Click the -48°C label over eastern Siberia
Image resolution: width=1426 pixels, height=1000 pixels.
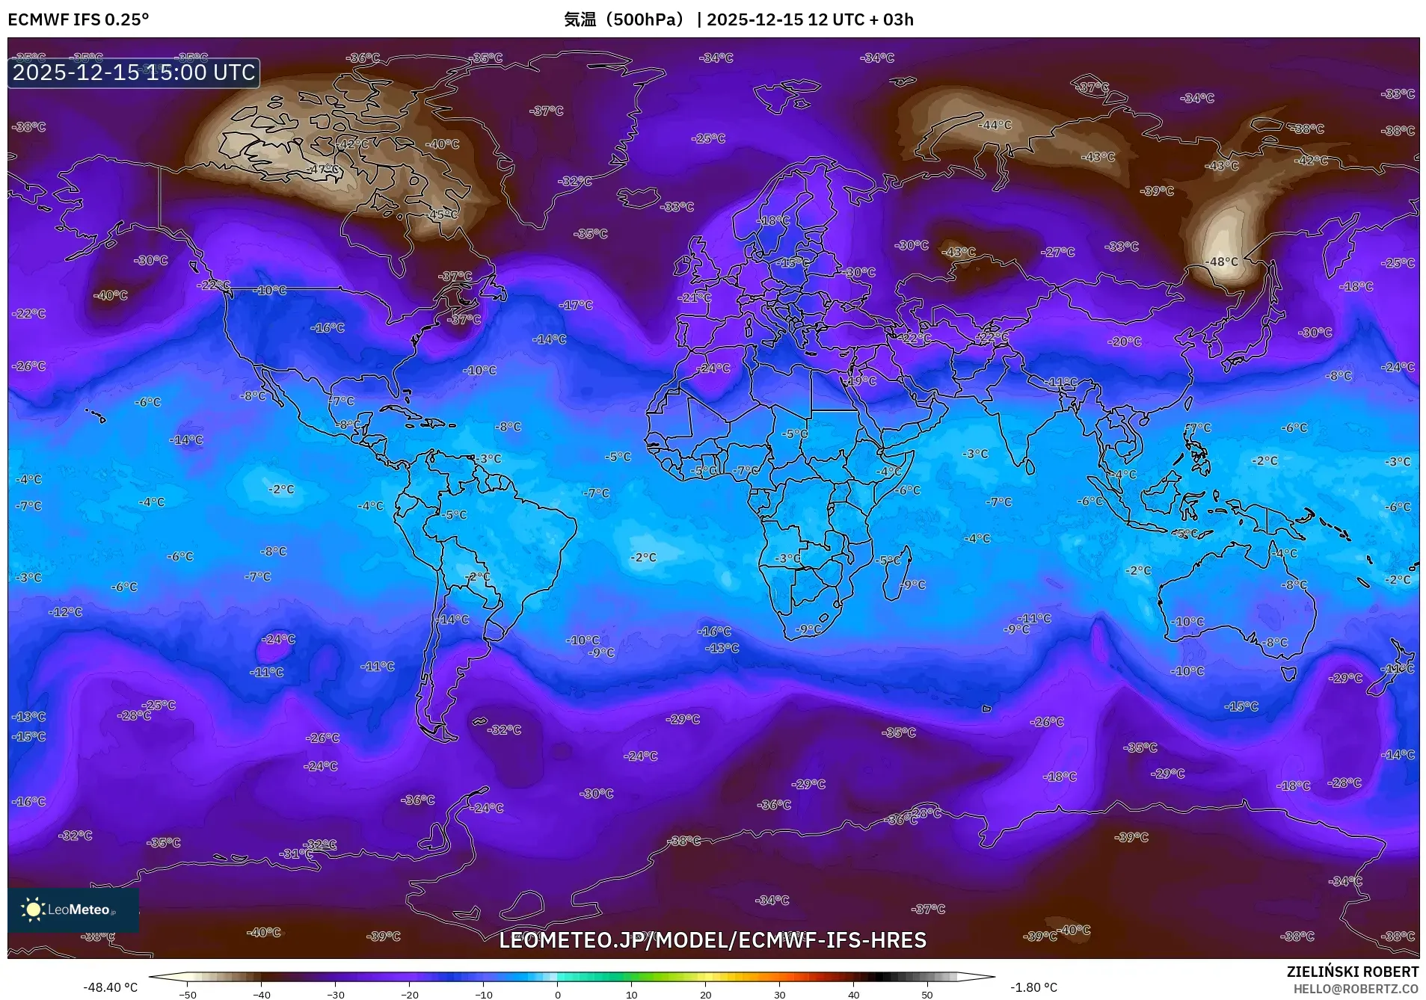tap(1222, 262)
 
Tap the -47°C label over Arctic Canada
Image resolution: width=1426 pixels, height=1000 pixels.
tap(322, 170)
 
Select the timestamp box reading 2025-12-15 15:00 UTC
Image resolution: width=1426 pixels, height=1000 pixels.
tap(134, 72)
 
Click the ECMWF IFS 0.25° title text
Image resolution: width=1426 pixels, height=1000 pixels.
tap(79, 19)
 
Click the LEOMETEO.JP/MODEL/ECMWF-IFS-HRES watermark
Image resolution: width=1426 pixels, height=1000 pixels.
tap(713, 940)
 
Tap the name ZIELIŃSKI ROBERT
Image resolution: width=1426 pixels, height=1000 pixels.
tap(1352, 972)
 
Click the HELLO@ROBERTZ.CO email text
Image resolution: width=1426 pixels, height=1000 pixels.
tap(1356, 989)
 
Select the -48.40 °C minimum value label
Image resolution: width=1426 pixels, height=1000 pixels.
tap(110, 987)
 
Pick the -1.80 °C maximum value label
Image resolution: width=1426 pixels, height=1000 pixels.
tap(1033, 987)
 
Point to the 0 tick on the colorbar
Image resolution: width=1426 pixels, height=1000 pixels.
tap(557, 995)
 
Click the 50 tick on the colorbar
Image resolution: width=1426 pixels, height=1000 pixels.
tap(926, 995)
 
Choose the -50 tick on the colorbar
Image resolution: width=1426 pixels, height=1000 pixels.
tap(188, 995)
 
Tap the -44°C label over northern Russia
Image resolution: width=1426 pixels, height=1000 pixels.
tap(995, 125)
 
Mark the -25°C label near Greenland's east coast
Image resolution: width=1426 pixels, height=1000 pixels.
tap(708, 138)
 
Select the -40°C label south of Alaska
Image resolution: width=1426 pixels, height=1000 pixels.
tap(110, 295)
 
